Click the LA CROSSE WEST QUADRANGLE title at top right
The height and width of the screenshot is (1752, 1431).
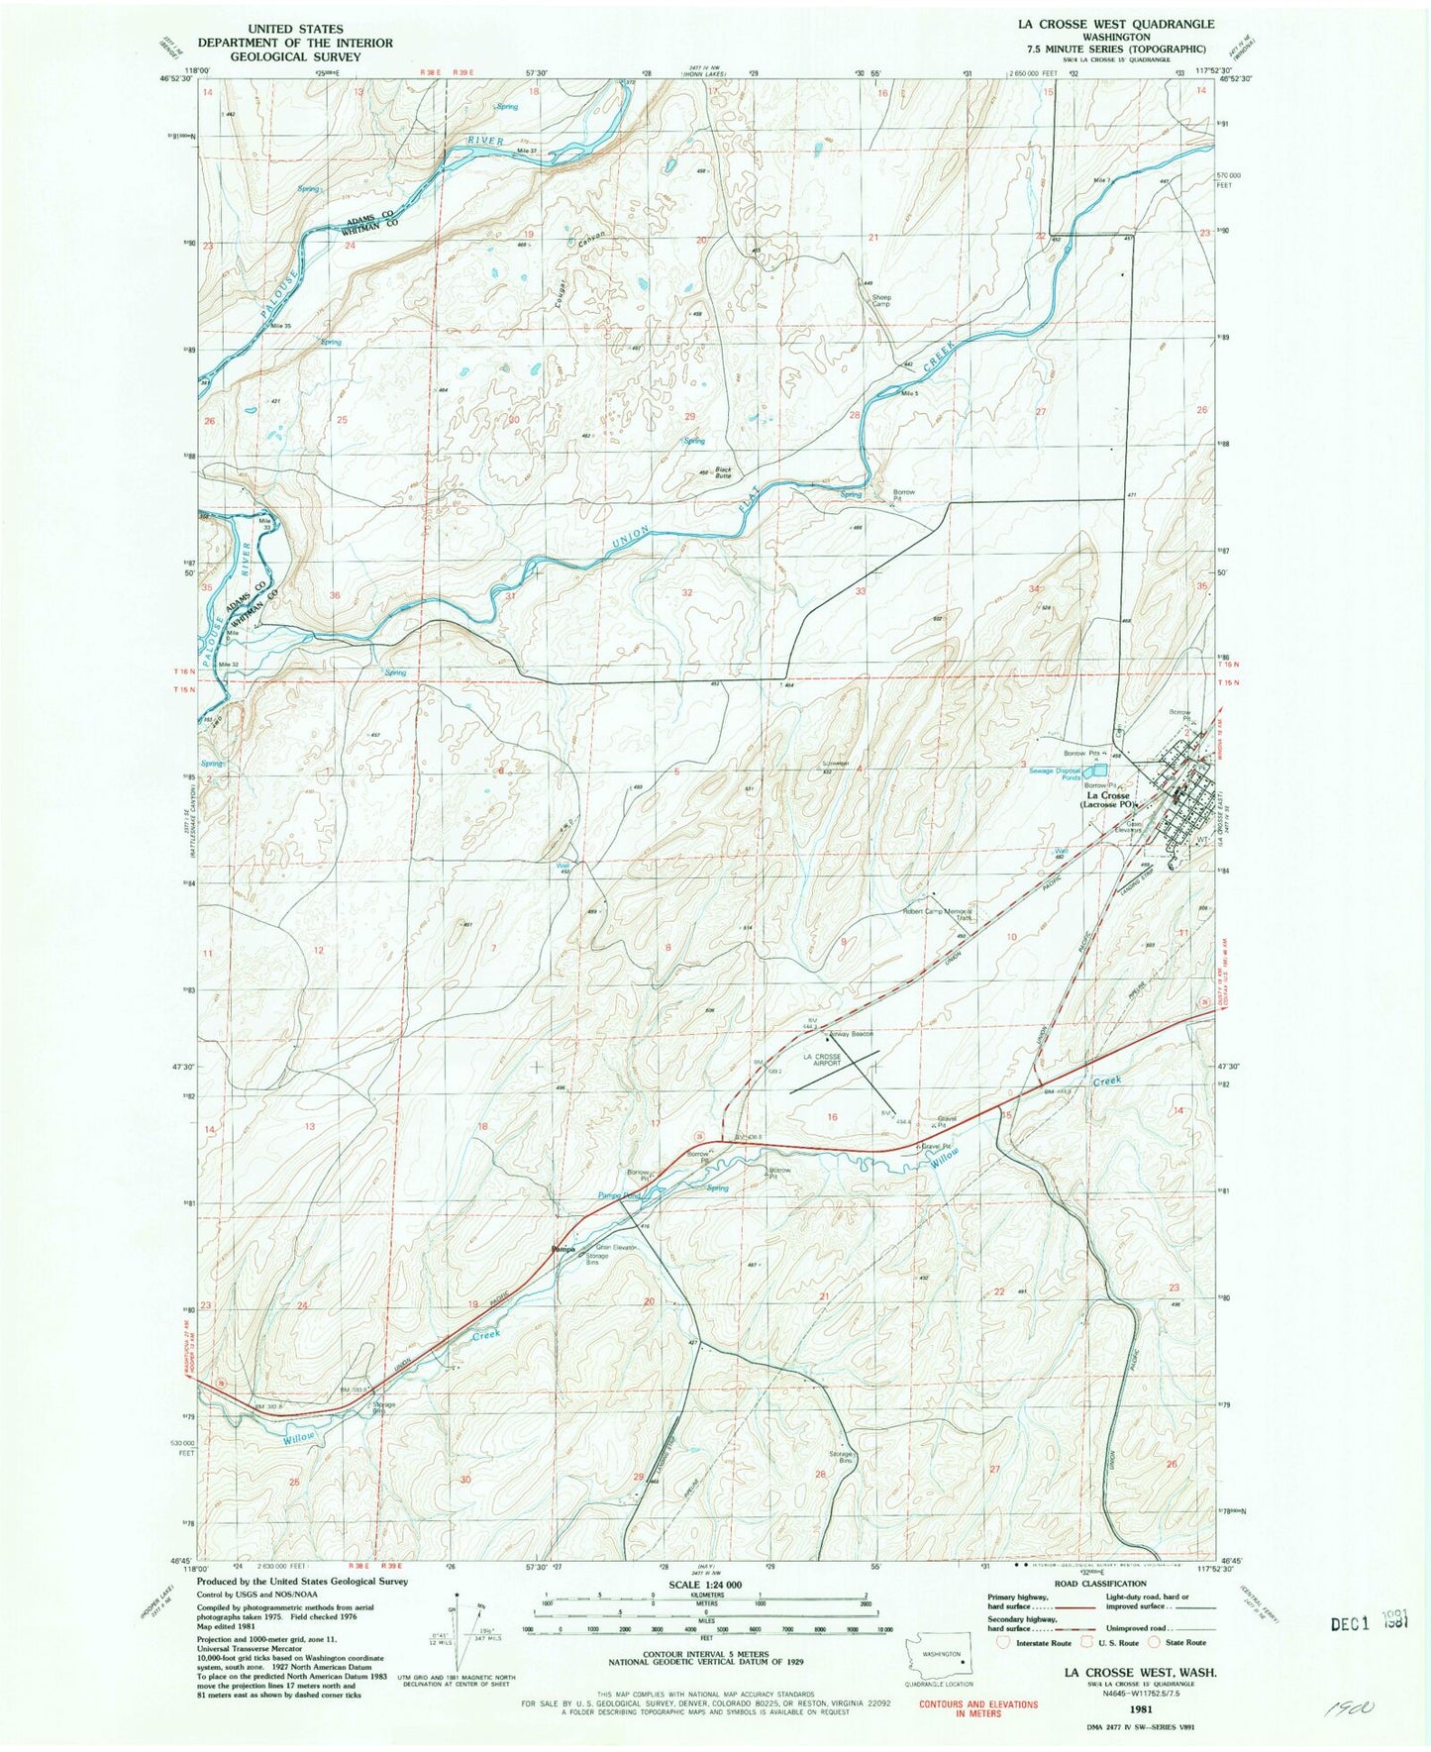[x=1108, y=24]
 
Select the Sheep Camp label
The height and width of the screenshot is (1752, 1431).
[x=880, y=300]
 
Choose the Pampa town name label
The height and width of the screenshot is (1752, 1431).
[x=562, y=1249]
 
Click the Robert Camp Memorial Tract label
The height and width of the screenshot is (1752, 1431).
[x=937, y=914]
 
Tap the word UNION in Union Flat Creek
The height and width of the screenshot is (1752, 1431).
[x=630, y=540]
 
